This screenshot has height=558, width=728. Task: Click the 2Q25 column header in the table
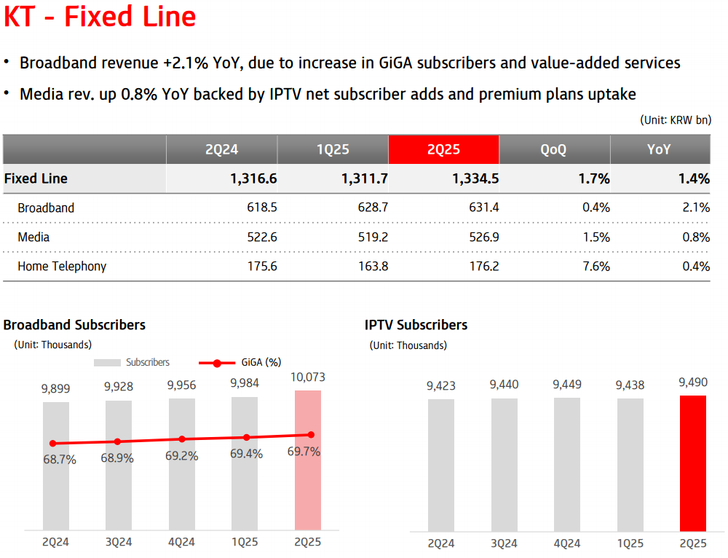[x=443, y=149]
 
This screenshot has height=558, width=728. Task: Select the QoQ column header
[x=553, y=149]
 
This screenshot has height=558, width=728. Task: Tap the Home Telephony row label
[x=62, y=266]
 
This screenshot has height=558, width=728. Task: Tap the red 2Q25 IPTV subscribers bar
[x=693, y=463]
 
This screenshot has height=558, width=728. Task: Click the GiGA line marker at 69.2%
[x=182, y=439]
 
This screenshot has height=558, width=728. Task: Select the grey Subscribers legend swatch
[x=107, y=362]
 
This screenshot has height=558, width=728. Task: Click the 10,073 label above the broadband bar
[x=308, y=377]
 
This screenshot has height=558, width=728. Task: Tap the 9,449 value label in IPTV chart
[x=567, y=385]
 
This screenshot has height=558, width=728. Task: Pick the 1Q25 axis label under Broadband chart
[x=245, y=542]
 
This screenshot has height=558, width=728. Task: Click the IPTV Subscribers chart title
[x=416, y=325]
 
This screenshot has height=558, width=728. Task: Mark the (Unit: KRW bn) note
[x=675, y=119]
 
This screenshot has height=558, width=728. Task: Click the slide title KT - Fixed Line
[x=100, y=17]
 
